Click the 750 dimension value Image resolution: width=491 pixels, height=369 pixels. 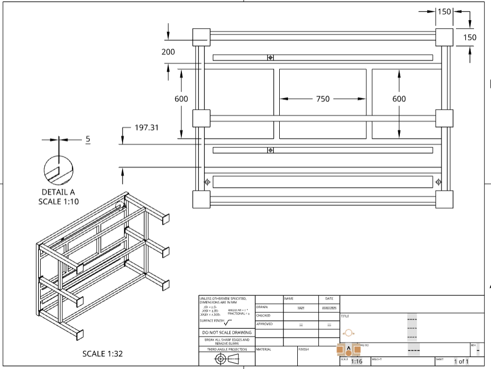(323, 99)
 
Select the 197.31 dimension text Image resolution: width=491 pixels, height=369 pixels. (147, 128)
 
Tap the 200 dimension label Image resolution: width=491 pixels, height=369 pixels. (168, 52)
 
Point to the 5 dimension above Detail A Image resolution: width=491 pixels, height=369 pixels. (88, 139)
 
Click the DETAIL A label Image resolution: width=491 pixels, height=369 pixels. (58, 192)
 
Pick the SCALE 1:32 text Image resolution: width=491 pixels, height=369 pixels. (103, 354)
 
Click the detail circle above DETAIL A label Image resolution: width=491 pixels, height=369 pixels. (58, 170)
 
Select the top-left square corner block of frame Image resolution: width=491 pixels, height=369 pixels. (201, 37)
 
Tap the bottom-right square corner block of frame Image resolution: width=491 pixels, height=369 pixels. (444, 199)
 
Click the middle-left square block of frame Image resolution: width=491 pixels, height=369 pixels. (201, 118)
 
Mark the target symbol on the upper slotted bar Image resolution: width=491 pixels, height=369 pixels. (270, 57)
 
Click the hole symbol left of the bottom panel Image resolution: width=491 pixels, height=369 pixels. (207, 182)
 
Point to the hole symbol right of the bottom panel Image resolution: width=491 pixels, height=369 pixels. (438, 182)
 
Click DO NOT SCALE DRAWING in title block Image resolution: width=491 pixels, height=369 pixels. (227, 332)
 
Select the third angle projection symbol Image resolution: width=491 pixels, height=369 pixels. (227, 359)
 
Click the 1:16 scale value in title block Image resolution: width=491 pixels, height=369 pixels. (356, 361)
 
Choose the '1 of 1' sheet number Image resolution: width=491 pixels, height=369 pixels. (461, 361)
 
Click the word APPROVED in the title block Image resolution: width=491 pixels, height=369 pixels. (265, 324)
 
